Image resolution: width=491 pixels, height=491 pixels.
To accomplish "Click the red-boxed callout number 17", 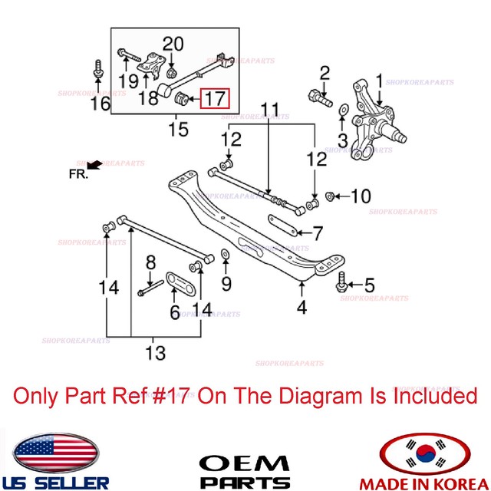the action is pyautogui.click(x=215, y=98).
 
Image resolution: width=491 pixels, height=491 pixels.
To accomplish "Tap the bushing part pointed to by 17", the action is pyautogui.click(x=181, y=98).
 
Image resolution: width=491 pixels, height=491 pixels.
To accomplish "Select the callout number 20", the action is pyautogui.click(x=173, y=44).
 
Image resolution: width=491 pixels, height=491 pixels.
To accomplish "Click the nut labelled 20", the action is pyautogui.click(x=171, y=74).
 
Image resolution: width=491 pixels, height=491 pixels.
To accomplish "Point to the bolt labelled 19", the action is pyautogui.click(x=129, y=56).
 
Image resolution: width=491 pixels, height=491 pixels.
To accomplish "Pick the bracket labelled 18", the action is pyautogui.click(x=152, y=64).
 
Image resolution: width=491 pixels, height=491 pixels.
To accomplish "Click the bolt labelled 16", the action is pyautogui.click(x=98, y=69).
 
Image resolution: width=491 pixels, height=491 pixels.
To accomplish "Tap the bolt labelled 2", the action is pyautogui.click(x=320, y=97).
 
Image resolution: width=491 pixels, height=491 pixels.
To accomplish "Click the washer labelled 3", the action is pyautogui.click(x=344, y=110).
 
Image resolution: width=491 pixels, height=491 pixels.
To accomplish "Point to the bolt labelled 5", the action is pyautogui.click(x=341, y=282).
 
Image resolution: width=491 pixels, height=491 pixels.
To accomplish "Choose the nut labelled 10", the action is pyautogui.click(x=330, y=196).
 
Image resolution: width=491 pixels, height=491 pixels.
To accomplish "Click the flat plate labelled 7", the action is pyautogui.click(x=282, y=226).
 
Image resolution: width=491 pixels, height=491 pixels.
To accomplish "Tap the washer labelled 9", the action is pyautogui.click(x=225, y=254).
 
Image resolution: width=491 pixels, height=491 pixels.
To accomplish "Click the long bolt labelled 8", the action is pyautogui.click(x=150, y=288).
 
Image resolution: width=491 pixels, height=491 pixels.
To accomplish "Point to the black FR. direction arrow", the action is pyautogui.click(x=94, y=165).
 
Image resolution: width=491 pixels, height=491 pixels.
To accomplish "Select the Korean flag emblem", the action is pyautogui.click(x=425, y=454).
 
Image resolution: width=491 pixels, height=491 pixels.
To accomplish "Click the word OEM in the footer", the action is pyautogui.click(x=245, y=463).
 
